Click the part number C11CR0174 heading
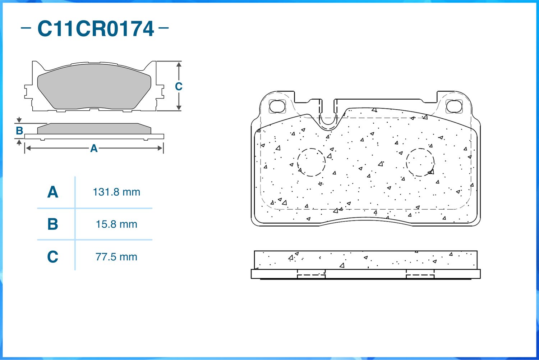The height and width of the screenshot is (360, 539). click(96, 29)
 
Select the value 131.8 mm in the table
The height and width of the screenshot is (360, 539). click(116, 192)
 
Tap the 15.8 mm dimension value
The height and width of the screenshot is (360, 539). click(116, 224)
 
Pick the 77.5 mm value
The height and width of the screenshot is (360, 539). click(116, 257)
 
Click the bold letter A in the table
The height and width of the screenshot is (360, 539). click(53, 192)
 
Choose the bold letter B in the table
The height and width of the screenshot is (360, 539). click(53, 224)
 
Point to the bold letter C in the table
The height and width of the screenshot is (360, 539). click(53, 257)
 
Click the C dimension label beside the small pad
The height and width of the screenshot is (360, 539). click(179, 86)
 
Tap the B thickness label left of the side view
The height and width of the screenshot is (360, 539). click(19, 131)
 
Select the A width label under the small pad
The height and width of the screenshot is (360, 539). click(94, 149)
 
